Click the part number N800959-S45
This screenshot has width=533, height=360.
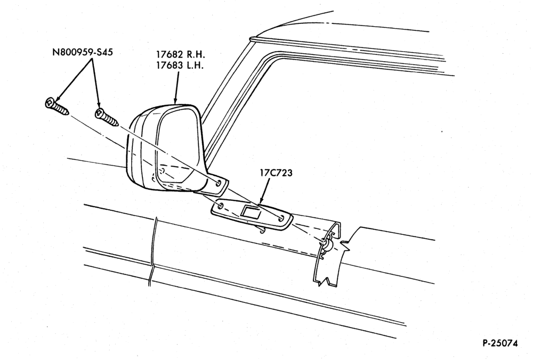pyautogui.click(x=82, y=52)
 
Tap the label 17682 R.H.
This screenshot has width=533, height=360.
pyautogui.click(x=181, y=54)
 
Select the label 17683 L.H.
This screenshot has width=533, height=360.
pyautogui.click(x=180, y=65)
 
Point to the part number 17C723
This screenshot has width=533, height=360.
pyautogui.click(x=276, y=173)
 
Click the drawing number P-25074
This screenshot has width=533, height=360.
pyautogui.click(x=500, y=343)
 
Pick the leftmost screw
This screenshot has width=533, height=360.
pyautogui.click(x=57, y=106)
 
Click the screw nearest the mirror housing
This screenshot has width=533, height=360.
pyautogui.click(x=107, y=117)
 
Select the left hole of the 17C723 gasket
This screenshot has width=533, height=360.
pyautogui.click(x=220, y=206)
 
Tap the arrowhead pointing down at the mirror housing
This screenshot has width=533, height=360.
pyautogui.click(x=175, y=100)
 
